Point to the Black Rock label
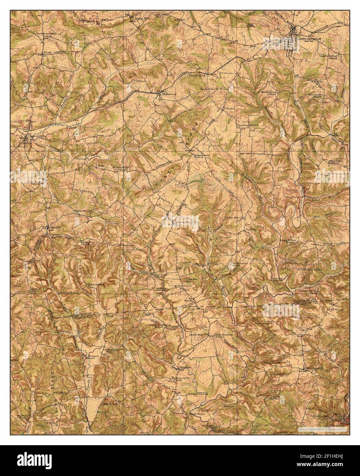coord(197,75)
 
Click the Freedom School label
coord(248,125)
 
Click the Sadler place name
coord(250,228)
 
